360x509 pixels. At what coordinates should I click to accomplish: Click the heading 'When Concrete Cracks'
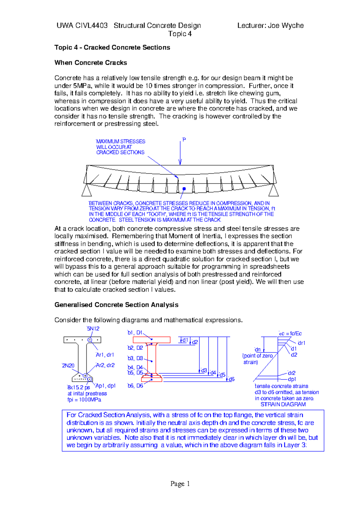pos(91,63)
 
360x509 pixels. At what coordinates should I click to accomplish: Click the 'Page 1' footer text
pos(180,484)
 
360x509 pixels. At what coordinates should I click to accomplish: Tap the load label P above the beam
pos(184,140)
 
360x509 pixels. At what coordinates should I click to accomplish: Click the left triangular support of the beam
pos(87,191)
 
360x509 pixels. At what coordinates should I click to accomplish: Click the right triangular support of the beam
pos(273,191)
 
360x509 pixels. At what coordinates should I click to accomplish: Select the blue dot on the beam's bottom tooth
pos(184,189)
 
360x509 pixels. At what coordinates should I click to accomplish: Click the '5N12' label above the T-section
pos(93,329)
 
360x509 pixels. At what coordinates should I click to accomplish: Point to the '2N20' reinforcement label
pos(68,366)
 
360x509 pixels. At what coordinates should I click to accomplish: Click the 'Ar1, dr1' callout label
pos(105,355)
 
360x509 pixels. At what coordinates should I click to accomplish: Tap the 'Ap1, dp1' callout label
pos(105,386)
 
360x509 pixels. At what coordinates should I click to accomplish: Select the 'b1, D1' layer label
pos(135,333)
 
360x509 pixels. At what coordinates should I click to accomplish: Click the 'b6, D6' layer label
pos(135,386)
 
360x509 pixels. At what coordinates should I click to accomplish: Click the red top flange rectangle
pos(151,340)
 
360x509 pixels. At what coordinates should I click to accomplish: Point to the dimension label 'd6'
pos(231,380)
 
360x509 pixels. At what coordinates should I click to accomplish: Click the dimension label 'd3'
pos(204,371)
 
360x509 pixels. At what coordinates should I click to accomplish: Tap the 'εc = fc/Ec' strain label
pos(290,334)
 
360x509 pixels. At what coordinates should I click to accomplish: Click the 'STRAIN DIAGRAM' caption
pos(283,404)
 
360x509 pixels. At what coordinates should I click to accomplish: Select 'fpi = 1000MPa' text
pos(84,400)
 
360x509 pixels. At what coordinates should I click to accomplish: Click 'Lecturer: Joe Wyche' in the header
pos(270,25)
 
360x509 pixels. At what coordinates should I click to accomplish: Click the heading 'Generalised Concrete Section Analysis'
pos(116,305)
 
